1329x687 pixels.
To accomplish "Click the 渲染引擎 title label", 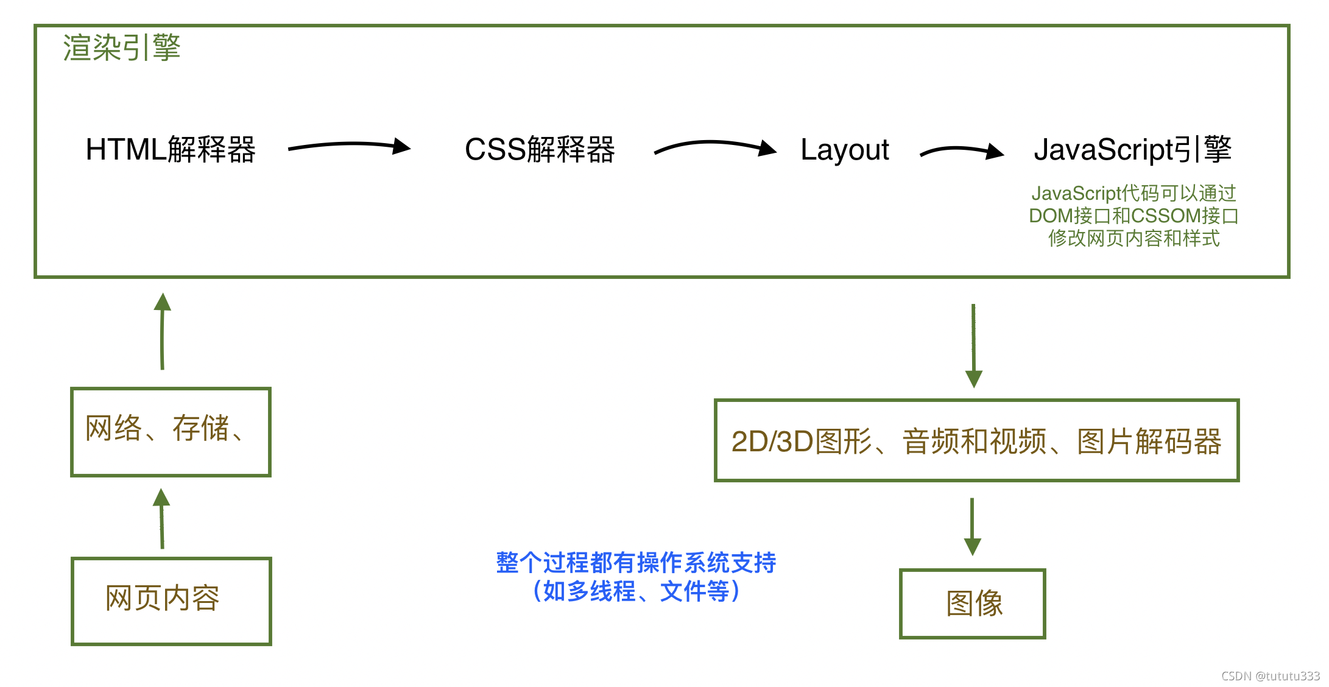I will (x=122, y=48).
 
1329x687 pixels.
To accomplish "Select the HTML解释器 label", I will (x=171, y=149).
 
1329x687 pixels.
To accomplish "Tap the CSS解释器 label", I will (x=540, y=149).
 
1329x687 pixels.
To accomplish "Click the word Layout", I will (x=844, y=150).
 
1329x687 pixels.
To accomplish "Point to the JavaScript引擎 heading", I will (x=1132, y=149).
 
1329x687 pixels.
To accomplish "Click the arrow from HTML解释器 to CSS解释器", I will (x=348, y=146).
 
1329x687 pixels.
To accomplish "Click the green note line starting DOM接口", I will (x=1133, y=216).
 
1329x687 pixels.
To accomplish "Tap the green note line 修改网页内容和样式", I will (x=1133, y=238).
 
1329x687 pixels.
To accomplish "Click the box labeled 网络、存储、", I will (x=171, y=431).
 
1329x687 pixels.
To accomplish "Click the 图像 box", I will (x=972, y=603).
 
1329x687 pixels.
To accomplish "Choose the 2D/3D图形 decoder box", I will (x=976, y=440).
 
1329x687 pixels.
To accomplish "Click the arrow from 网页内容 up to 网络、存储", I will (x=161, y=518).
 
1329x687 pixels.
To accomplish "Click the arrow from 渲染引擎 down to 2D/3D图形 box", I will (x=973, y=345).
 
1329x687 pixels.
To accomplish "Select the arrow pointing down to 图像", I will (x=972, y=526).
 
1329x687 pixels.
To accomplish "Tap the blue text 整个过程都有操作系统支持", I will (x=636, y=562).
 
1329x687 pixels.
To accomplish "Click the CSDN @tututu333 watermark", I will (x=1270, y=675).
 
